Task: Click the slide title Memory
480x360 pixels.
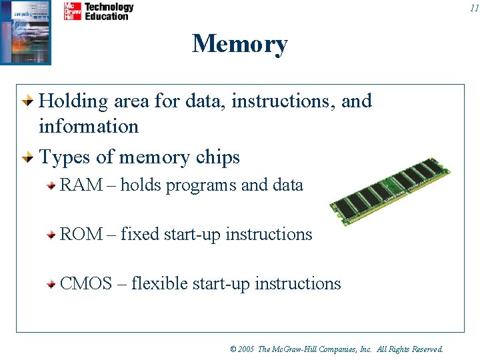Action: (x=240, y=44)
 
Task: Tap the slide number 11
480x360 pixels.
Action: (x=473, y=8)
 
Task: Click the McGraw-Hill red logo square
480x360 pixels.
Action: (x=73, y=11)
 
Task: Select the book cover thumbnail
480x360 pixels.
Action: (x=25, y=32)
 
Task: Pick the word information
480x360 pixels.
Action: (x=89, y=126)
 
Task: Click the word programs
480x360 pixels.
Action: (x=201, y=185)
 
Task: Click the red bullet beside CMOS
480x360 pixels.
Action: (x=51, y=285)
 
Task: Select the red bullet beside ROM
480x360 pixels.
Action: (x=51, y=235)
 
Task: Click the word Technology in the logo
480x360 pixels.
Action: (x=109, y=7)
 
